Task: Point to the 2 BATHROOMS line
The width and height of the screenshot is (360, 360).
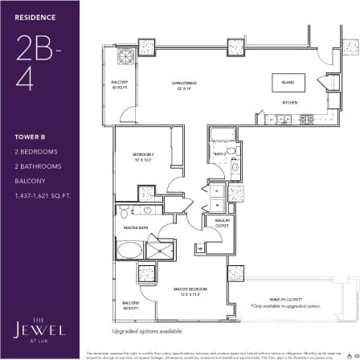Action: coord(32,166)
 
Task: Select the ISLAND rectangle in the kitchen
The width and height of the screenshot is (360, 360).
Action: coord(287,83)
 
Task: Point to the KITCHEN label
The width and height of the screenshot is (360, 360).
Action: coord(290,103)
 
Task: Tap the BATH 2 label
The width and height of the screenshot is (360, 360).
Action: coord(219,153)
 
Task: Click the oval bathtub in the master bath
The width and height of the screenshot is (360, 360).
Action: coord(129,250)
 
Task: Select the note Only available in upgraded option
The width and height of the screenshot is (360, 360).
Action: coord(285,306)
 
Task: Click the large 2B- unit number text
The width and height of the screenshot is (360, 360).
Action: coord(33,50)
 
